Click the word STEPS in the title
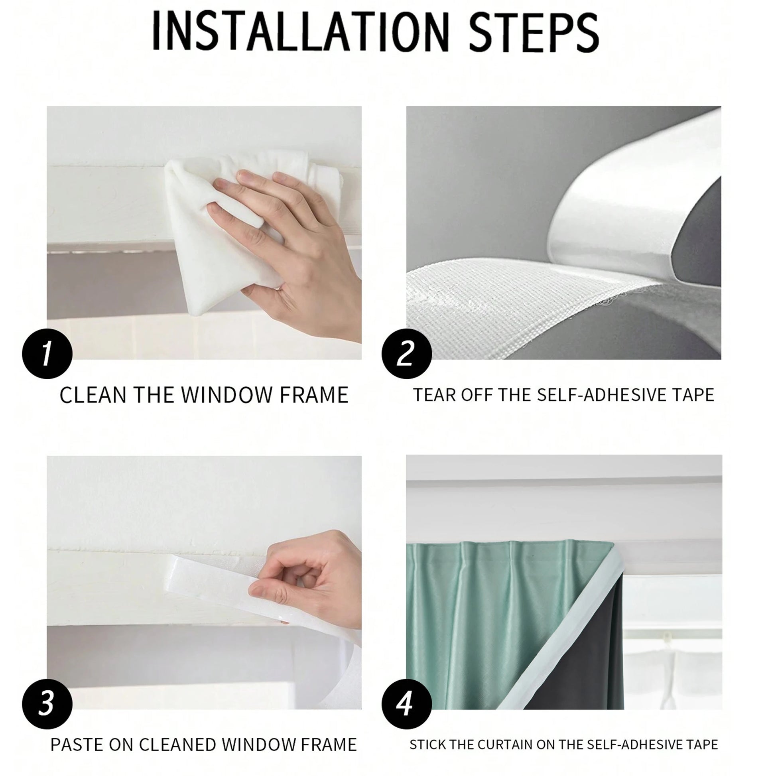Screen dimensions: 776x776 tap(534, 33)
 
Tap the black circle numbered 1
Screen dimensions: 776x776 tap(47, 353)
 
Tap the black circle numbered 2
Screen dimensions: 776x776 tap(406, 353)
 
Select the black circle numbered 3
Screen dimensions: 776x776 tap(47, 704)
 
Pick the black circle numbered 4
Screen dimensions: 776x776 tap(406, 704)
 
